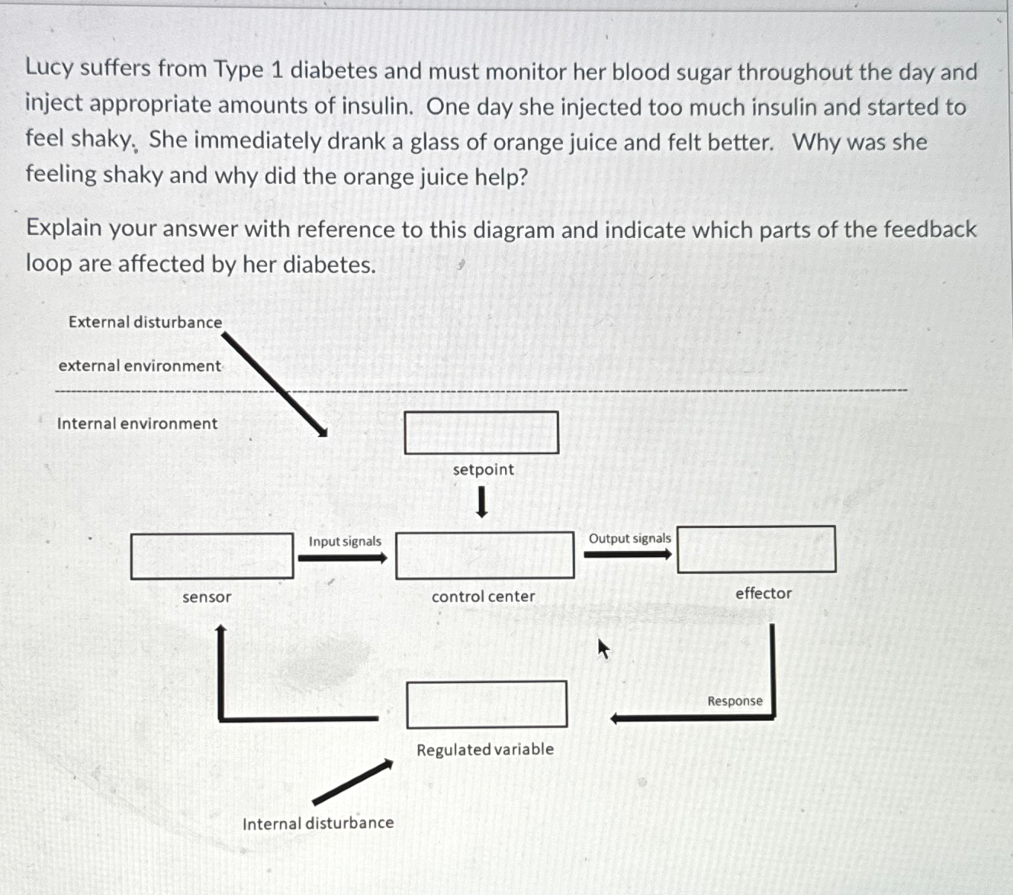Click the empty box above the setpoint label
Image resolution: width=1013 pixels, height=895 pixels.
click(481, 433)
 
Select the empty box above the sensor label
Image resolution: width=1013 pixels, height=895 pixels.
click(212, 556)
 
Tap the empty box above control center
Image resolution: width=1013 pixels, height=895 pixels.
click(484, 555)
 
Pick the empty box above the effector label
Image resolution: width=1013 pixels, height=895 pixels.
click(756, 549)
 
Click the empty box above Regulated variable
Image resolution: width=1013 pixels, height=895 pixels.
click(487, 703)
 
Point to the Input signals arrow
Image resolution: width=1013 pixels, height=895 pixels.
click(342, 558)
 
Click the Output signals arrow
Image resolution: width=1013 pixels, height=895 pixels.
click(628, 554)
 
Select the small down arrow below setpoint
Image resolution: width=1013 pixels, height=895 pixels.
click(481, 502)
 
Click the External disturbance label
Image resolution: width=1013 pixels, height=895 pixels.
click(145, 322)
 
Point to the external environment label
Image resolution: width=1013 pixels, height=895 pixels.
click(140, 365)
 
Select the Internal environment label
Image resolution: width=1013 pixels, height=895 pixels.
click(137, 423)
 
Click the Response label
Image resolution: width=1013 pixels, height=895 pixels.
click(735, 700)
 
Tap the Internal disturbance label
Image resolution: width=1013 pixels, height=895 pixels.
click(318, 823)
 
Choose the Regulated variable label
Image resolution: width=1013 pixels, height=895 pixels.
click(485, 749)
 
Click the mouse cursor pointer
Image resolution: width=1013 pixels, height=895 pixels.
click(603, 649)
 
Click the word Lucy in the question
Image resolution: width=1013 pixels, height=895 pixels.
click(49, 67)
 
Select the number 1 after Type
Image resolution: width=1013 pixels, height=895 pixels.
click(277, 70)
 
